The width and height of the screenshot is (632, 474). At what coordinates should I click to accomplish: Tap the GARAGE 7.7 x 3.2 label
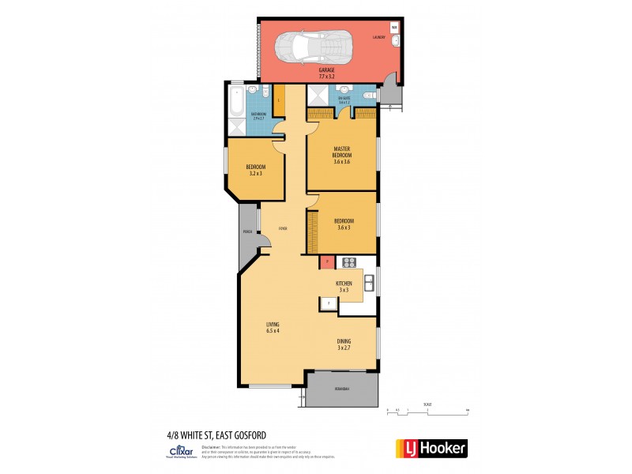(x=326, y=73)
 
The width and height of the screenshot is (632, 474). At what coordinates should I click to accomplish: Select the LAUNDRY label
(x=379, y=37)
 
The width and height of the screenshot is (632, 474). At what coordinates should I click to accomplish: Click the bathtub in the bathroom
(x=237, y=102)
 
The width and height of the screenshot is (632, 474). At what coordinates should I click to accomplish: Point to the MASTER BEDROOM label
(x=342, y=154)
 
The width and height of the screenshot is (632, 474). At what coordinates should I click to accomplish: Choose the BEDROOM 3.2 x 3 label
(x=255, y=170)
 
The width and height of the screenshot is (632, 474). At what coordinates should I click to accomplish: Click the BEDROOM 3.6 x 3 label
(x=343, y=224)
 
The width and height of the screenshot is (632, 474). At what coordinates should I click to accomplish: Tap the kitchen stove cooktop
(x=349, y=262)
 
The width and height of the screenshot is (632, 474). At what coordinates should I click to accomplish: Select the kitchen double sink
(x=369, y=279)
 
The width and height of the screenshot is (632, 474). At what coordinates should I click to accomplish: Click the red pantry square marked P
(x=325, y=261)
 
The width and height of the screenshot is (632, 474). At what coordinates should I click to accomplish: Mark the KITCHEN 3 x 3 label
(x=344, y=286)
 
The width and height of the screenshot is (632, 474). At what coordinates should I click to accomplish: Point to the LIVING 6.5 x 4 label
(x=273, y=327)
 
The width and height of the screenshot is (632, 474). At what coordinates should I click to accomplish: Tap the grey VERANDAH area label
(x=342, y=389)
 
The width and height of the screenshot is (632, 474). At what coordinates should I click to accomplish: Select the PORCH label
(x=247, y=232)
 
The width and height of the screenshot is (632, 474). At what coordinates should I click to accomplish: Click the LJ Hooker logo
(x=431, y=448)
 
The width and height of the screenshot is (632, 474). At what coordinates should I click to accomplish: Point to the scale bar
(x=427, y=409)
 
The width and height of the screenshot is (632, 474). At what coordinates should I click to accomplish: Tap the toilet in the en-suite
(x=367, y=95)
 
